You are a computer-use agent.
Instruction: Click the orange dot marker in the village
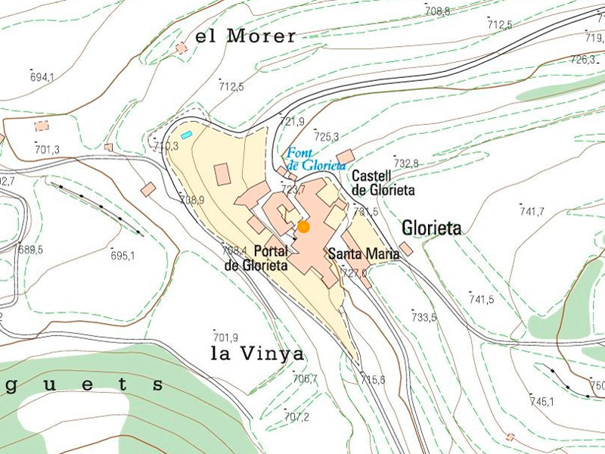(303, 226)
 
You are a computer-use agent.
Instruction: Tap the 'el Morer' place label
(245, 36)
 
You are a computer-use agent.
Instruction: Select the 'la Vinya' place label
(257, 353)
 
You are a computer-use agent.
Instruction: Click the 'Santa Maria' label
(363, 254)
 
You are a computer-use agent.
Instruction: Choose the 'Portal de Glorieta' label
(256, 258)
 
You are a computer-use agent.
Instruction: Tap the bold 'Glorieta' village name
(432, 228)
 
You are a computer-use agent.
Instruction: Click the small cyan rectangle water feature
(186, 135)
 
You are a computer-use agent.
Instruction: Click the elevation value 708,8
(437, 11)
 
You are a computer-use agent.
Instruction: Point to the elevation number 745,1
(542, 401)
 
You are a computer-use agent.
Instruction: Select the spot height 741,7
(532, 211)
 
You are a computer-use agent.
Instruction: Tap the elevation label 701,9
(225, 337)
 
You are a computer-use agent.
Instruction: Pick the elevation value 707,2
(296, 416)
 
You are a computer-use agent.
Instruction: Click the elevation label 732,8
(406, 163)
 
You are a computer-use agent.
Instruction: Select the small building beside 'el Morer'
(181, 48)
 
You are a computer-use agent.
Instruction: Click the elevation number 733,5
(423, 317)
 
